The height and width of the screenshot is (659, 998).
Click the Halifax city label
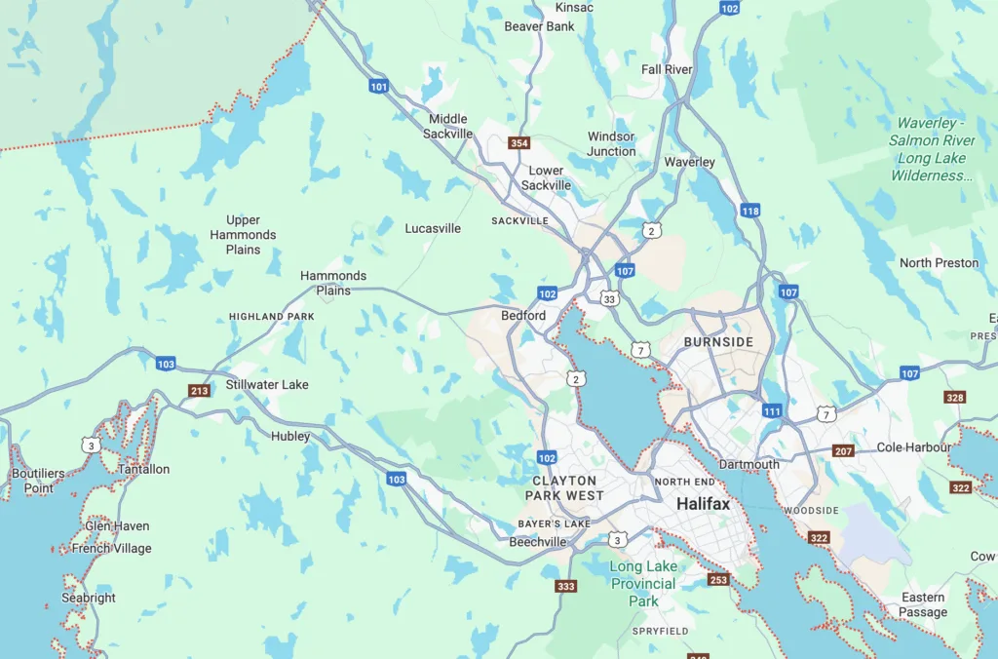[703, 504]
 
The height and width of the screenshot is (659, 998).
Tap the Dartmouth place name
[748, 465]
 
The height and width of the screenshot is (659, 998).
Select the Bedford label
[523, 316]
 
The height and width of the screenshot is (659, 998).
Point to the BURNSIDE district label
[718, 342]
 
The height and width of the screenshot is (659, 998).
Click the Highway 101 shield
[379, 87]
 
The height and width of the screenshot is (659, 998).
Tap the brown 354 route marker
[519, 143]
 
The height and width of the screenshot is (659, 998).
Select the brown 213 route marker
[199, 391]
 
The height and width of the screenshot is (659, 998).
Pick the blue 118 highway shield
[749, 211]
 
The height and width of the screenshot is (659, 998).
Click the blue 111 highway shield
[772, 411]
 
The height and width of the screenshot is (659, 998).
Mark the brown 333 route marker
[565, 586]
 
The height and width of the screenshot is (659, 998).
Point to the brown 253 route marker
[718, 580]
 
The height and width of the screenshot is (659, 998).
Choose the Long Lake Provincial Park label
[643, 584]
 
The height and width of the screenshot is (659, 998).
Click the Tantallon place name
[144, 469]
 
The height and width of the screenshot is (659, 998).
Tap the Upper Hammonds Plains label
[243, 235]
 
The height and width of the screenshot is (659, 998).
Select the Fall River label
[667, 69]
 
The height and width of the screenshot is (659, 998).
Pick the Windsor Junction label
[611, 144]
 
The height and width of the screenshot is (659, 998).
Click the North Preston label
[939, 263]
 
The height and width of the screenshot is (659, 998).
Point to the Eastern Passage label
[923, 604]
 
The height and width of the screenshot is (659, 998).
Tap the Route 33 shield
[609, 297]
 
